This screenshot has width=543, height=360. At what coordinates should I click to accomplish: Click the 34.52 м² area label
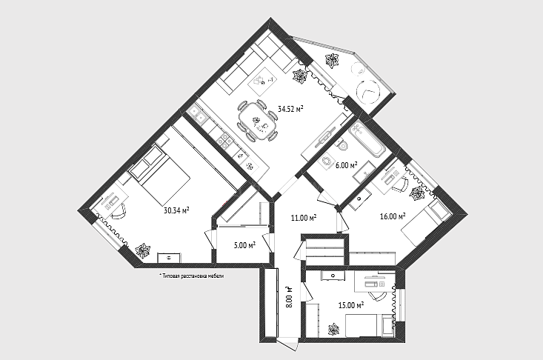click(x=290, y=109)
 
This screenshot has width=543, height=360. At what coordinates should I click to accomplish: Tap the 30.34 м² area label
click(x=176, y=210)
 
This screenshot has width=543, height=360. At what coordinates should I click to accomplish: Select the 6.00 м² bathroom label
click(x=346, y=165)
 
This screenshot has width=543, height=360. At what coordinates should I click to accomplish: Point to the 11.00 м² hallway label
click(x=304, y=218)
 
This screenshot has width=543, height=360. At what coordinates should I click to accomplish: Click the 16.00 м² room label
click(x=393, y=216)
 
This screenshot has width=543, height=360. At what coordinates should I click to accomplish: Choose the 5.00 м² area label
click(x=245, y=245)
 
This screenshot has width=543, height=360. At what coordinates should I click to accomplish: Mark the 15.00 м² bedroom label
click(x=351, y=305)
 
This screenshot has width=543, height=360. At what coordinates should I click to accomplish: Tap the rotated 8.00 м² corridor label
click(x=290, y=296)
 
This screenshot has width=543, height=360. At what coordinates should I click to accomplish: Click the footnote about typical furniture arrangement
click(x=192, y=276)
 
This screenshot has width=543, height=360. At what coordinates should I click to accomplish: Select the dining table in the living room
click(x=258, y=121)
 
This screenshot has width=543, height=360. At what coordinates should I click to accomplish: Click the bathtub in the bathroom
click(x=367, y=139)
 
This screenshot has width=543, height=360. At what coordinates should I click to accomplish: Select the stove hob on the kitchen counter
click(x=224, y=140)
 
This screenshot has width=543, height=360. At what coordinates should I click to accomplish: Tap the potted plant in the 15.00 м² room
click(x=334, y=329)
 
